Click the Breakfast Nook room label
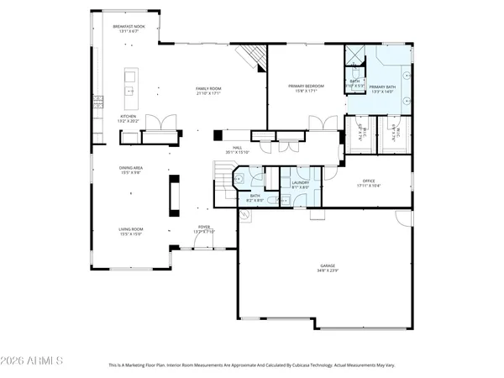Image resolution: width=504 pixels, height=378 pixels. [x=129, y=27]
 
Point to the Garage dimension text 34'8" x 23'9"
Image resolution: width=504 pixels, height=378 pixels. [x=328, y=270]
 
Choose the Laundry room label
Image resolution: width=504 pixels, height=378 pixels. [x=301, y=181]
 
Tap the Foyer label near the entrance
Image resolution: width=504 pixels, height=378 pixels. [x=204, y=226]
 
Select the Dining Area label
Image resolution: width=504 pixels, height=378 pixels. [x=130, y=168]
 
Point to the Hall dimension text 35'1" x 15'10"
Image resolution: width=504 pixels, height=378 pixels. [x=238, y=152]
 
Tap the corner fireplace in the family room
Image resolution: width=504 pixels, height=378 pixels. [x=252, y=57]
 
